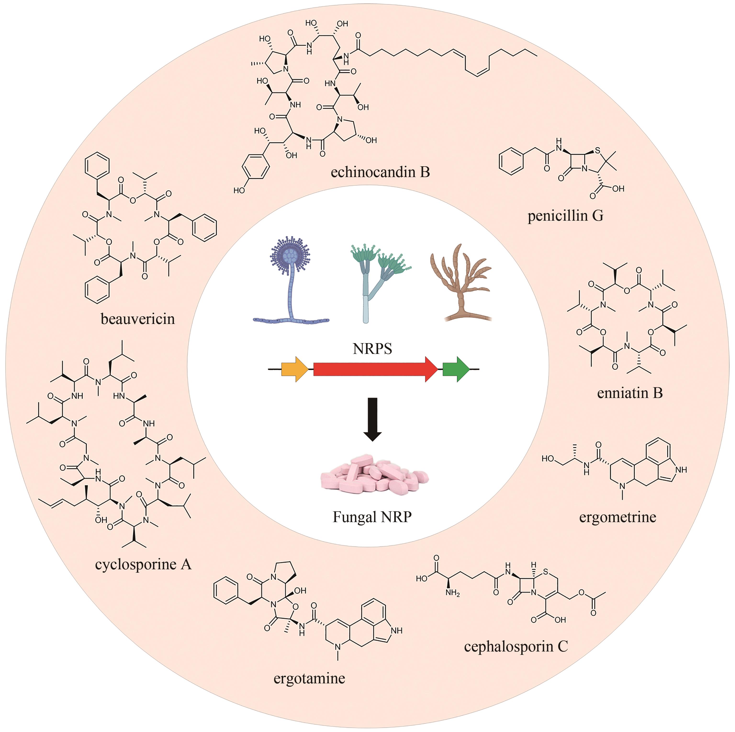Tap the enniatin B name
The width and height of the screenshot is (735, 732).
click(630, 393)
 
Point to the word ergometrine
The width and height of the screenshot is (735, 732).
click(617, 517)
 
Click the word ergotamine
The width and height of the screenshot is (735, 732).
click(309, 678)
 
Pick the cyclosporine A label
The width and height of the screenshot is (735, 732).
click(143, 564)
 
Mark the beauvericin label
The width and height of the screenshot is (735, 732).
click(138, 319)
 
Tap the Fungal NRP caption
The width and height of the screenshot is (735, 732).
click(372, 517)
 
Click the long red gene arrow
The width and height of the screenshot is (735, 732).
click(375, 369)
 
